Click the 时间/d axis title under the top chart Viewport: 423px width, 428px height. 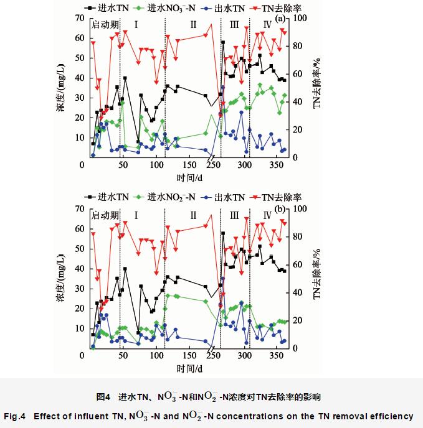pyautogui.click(x=189, y=178)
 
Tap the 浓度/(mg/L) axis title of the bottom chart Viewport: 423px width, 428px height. pyautogui.click(x=60, y=279)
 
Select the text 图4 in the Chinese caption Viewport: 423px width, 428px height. pyautogui.click(x=103, y=396)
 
